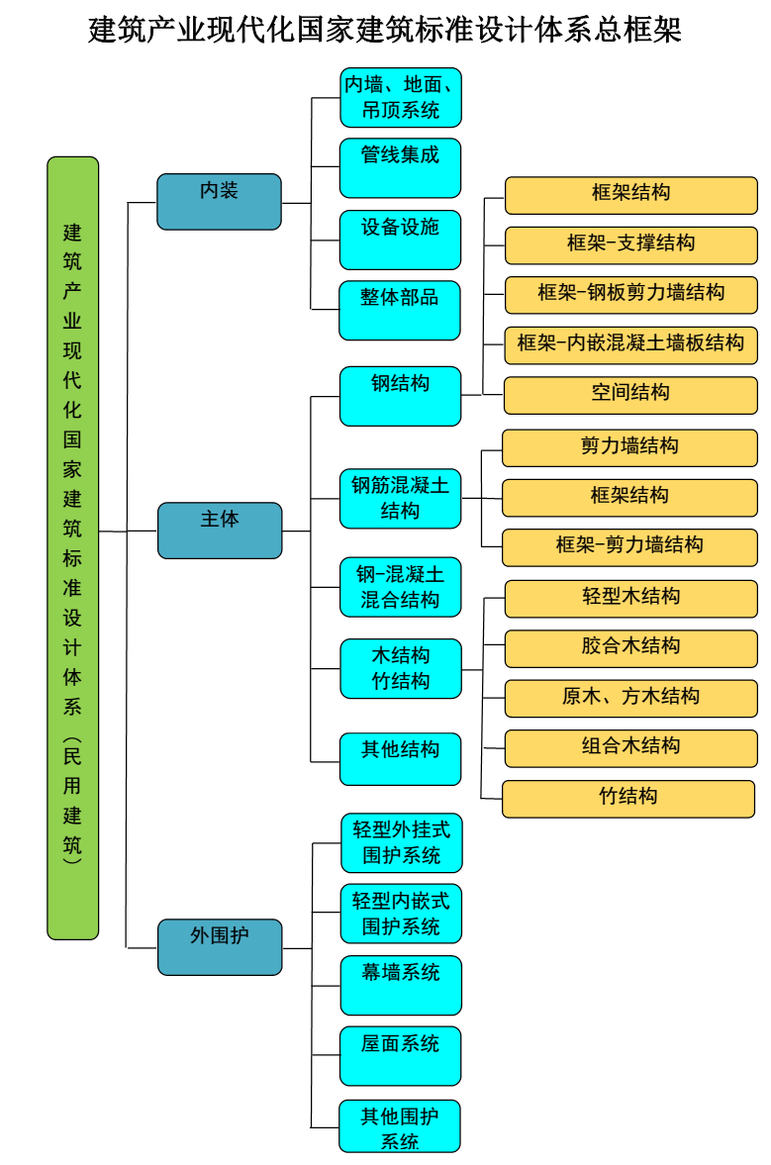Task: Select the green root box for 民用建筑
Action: click(73, 547)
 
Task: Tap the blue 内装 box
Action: click(219, 202)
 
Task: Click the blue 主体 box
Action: click(220, 531)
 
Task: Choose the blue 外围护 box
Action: click(220, 947)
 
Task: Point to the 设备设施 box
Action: click(400, 240)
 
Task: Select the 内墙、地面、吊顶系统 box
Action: click(400, 98)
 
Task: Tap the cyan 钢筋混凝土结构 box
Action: click(400, 498)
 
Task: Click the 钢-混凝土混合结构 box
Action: click(400, 587)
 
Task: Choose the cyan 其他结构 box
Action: click(400, 759)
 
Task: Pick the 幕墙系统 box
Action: click(400, 985)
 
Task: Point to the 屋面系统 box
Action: click(400, 1056)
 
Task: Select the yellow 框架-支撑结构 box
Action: click(630, 244)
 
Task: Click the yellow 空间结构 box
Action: click(630, 395)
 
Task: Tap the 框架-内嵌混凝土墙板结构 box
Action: click(630, 344)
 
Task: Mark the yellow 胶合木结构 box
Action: click(630, 648)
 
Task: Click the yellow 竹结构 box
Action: click(628, 799)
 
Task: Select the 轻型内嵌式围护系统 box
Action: click(400, 914)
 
